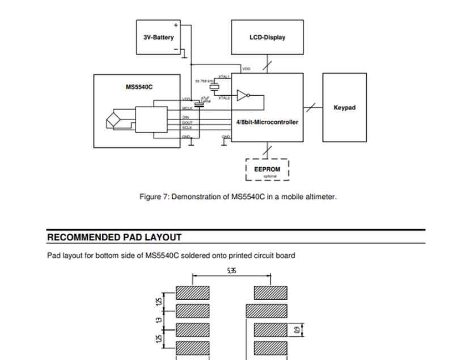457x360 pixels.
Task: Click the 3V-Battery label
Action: tap(158, 37)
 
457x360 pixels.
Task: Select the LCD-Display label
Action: tap(267, 37)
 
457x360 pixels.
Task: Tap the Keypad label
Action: tap(344, 107)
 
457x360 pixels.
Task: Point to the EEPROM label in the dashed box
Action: tap(267, 169)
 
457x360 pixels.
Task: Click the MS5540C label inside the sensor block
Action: tap(139, 87)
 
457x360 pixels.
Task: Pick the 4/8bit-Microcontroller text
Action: tap(267, 122)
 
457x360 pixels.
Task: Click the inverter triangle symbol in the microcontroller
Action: tap(243, 95)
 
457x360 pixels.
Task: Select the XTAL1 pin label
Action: tap(223, 77)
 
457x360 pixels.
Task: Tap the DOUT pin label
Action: tap(187, 122)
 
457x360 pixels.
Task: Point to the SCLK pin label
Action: tap(187, 128)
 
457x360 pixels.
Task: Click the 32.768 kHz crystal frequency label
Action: tap(204, 81)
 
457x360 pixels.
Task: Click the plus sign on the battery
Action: tap(175, 26)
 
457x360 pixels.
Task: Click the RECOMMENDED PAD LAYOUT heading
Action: tap(114, 237)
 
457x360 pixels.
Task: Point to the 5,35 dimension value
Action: tap(231, 271)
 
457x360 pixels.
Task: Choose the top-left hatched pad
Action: tap(193, 293)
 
